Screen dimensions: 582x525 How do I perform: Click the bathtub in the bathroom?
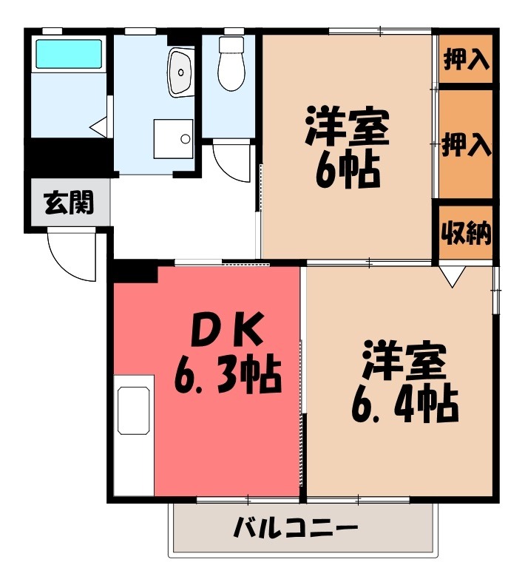click(70, 54)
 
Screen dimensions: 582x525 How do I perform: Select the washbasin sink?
click(179, 72)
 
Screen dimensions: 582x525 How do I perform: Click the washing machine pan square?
click(173, 138)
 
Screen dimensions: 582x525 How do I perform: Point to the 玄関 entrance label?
click(69, 202)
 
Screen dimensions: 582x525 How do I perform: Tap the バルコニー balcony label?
click(296, 528)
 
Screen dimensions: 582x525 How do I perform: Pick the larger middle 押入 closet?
click(466, 144)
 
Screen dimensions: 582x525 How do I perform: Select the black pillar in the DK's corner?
click(136, 271)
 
